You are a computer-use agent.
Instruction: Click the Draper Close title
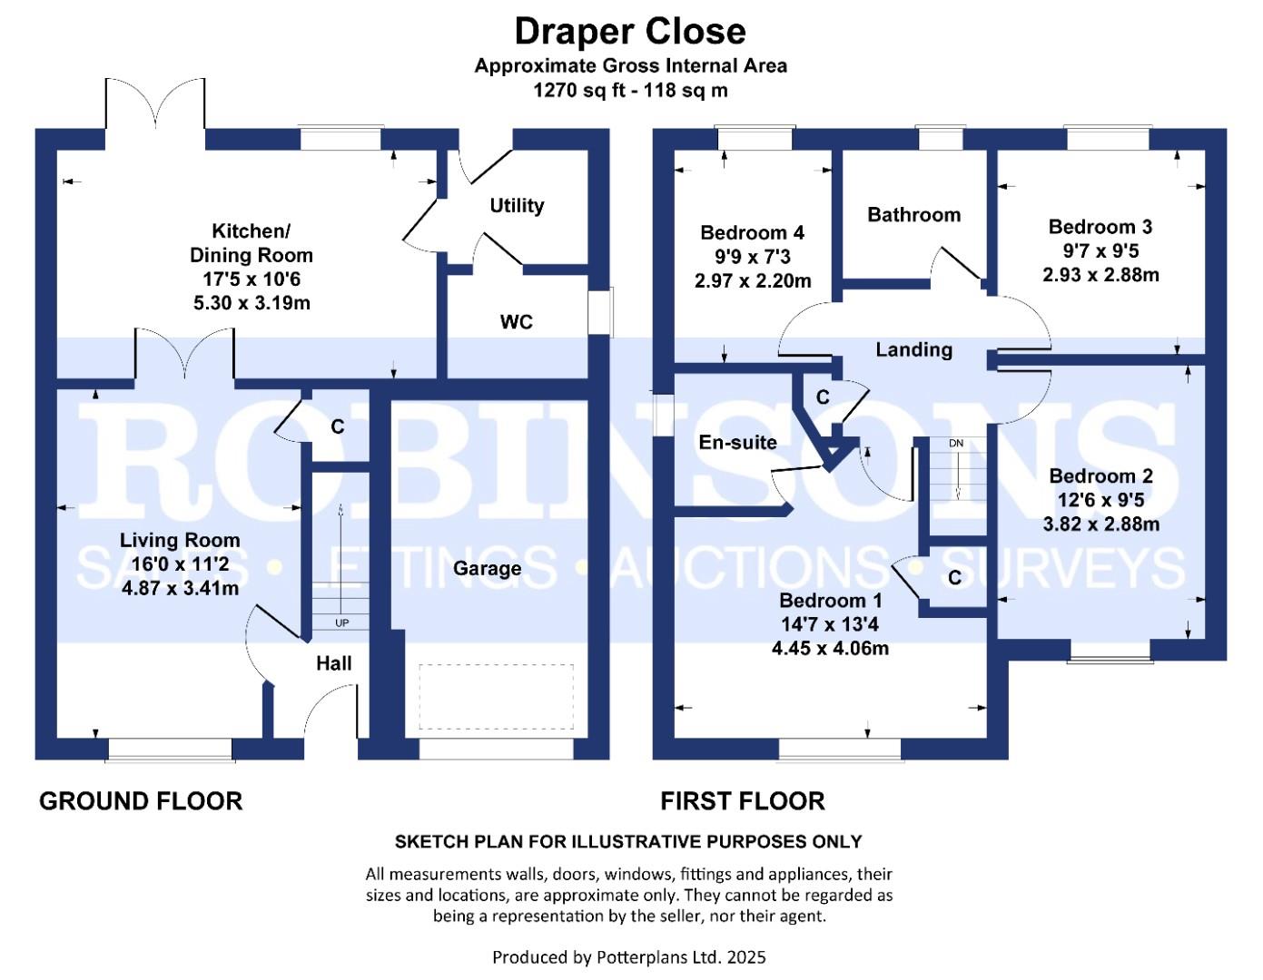[x=630, y=32]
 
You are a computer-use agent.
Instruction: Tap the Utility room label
[x=517, y=205]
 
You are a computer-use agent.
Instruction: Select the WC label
[x=516, y=321]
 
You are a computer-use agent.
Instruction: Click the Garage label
[x=487, y=568]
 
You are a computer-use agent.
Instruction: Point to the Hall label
[x=333, y=663]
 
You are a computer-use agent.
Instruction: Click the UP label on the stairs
[x=341, y=623]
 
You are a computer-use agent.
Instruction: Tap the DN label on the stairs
[x=956, y=443]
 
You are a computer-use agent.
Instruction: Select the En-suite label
[x=737, y=443]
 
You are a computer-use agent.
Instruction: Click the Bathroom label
[x=913, y=215]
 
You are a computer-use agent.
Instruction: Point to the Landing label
[x=914, y=349]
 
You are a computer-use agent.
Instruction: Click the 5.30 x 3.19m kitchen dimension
[x=252, y=303]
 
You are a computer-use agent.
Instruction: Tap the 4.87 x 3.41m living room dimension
[x=180, y=588]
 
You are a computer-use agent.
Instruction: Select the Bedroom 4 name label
[x=752, y=233]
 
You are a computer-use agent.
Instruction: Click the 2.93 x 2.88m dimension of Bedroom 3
[x=1100, y=275]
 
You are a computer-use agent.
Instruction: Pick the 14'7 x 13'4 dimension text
[x=830, y=624]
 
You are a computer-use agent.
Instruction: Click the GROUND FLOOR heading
[x=141, y=801]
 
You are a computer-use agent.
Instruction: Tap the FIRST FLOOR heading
[x=742, y=801]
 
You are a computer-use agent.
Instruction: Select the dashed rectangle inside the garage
[x=497, y=696]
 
